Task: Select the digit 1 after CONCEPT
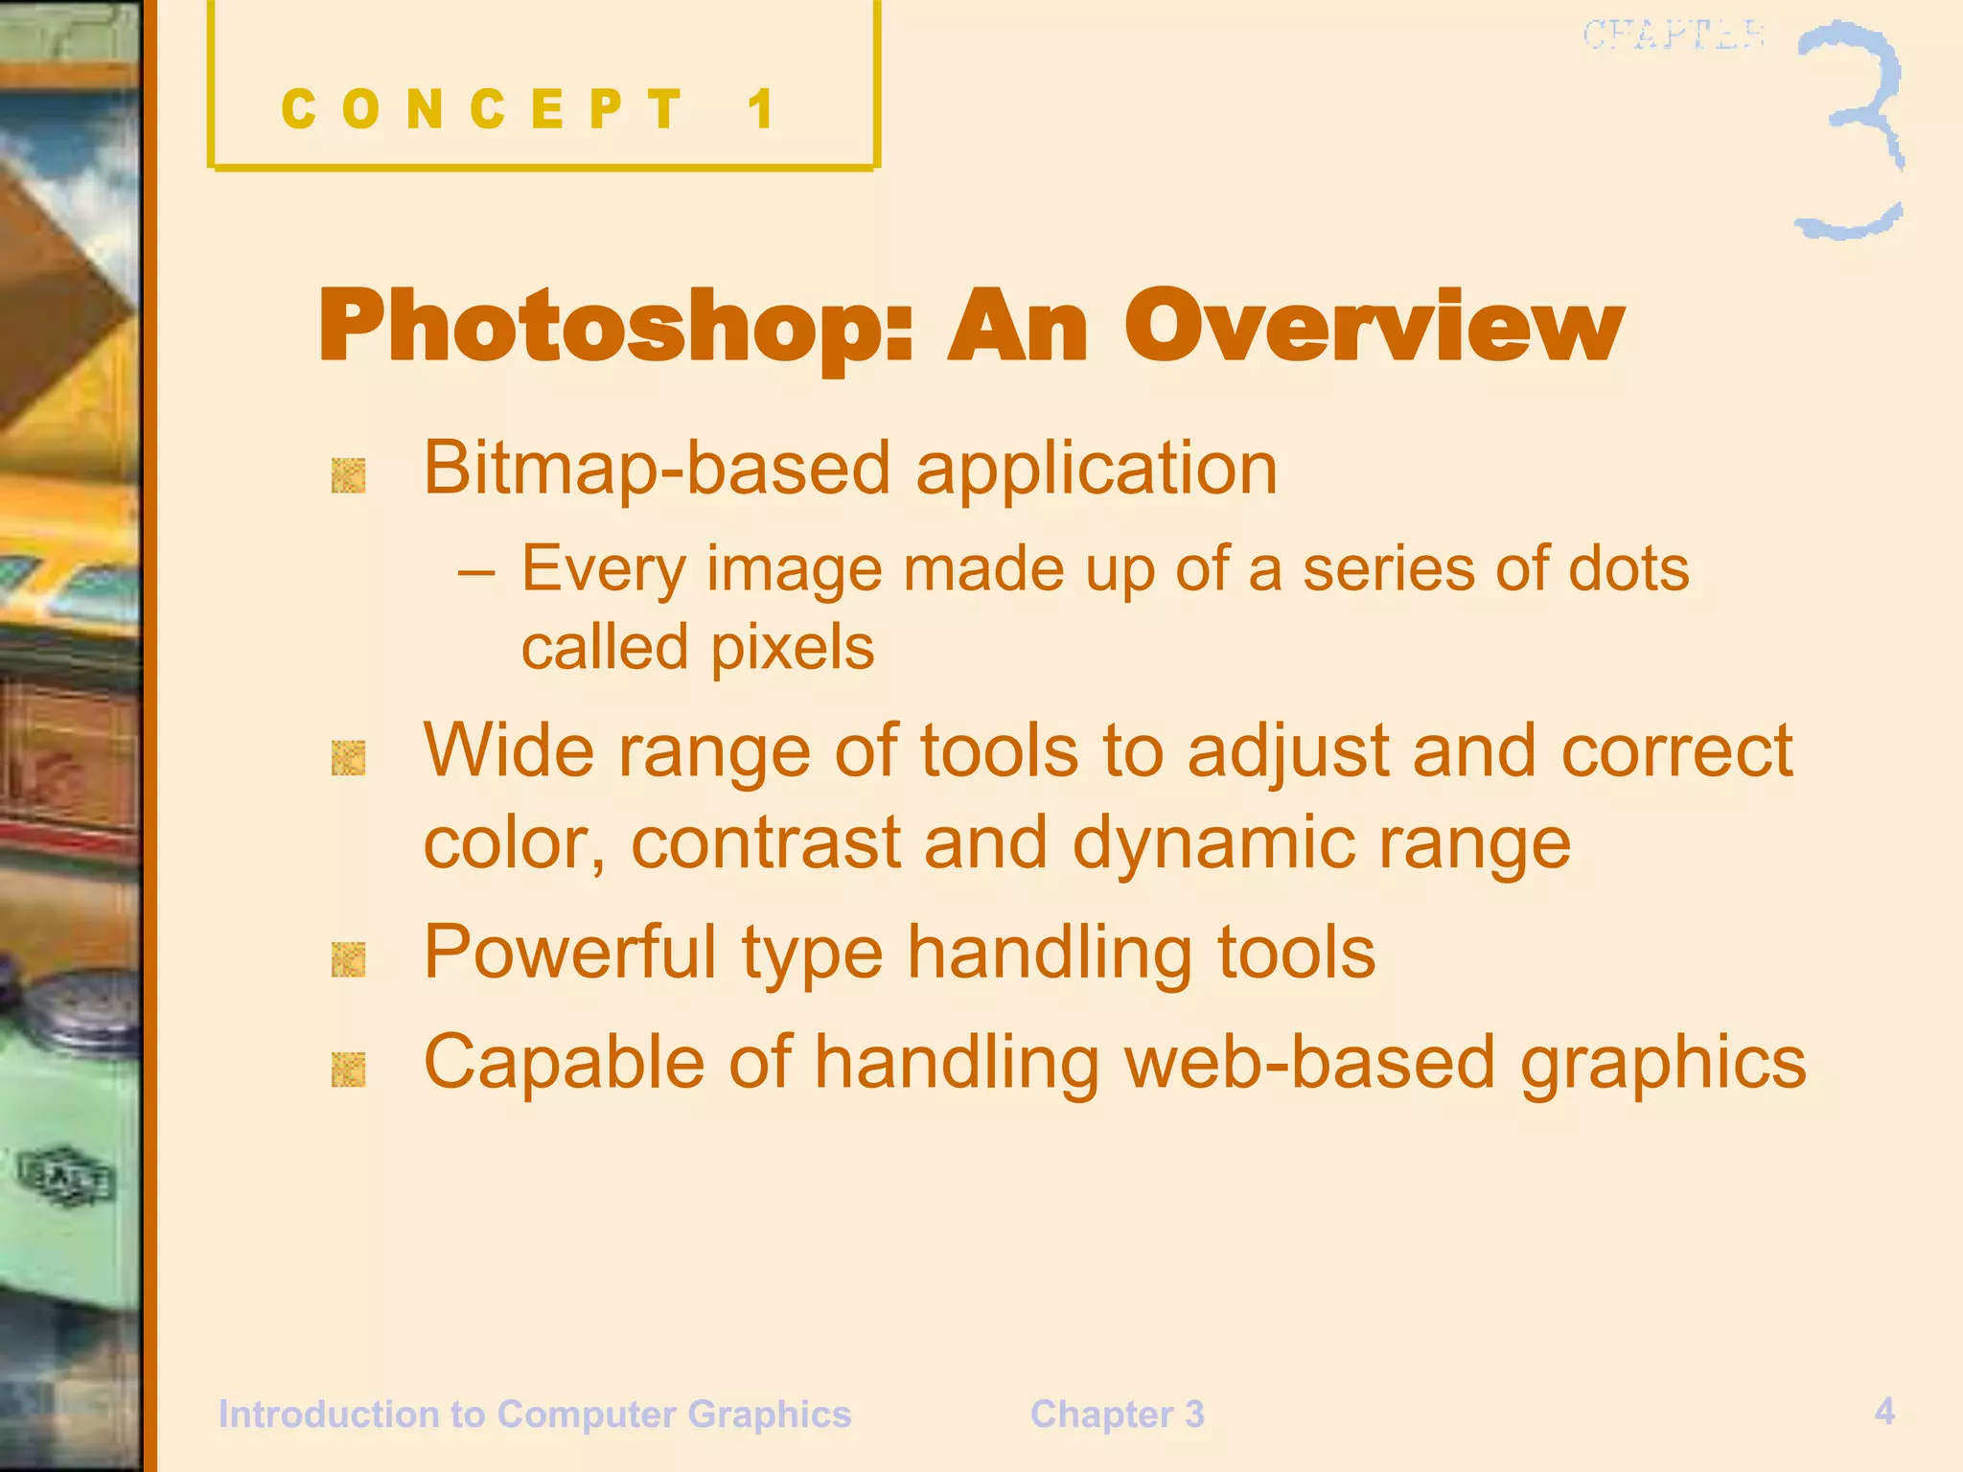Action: pyautogui.click(x=762, y=108)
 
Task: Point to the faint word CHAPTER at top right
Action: pyautogui.click(x=1673, y=35)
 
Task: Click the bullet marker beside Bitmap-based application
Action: pyautogui.click(x=348, y=475)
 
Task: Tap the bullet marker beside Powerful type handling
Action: pyautogui.click(x=348, y=959)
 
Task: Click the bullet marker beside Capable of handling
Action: pyautogui.click(x=348, y=1069)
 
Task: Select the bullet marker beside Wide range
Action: pyautogui.click(x=348, y=758)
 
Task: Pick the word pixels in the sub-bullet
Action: pyautogui.click(x=793, y=649)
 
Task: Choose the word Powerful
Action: pyautogui.click(x=570, y=953)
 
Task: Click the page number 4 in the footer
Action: pyautogui.click(x=1884, y=1411)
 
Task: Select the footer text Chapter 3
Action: pyautogui.click(x=1117, y=1414)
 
